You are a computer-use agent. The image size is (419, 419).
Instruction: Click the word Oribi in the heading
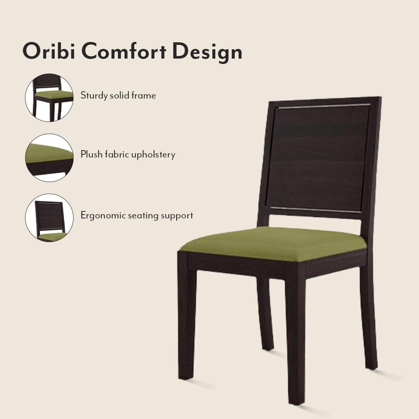pos(48,51)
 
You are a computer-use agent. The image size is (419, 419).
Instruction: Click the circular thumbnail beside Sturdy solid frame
pos(49,98)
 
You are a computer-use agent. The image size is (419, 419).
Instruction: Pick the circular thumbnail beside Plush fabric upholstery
pos(49,158)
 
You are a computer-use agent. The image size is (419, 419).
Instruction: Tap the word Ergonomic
pos(100,216)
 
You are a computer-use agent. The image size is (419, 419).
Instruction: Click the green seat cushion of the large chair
pos(272,244)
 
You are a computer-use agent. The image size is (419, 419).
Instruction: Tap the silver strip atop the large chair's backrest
pos(324,106)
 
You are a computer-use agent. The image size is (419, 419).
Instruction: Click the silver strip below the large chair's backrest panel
pos(315,210)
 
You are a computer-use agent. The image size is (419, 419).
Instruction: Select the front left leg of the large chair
pos(186,318)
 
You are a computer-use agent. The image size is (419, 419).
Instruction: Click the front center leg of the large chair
pos(296,338)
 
